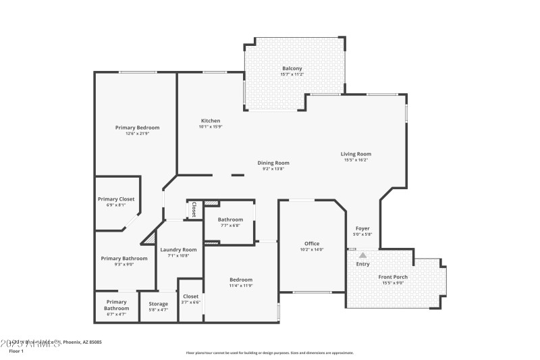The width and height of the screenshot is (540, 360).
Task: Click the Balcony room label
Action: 292,68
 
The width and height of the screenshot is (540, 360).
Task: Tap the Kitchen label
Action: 210,121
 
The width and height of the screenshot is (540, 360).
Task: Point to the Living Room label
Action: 355,154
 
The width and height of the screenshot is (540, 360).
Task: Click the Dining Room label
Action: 273,163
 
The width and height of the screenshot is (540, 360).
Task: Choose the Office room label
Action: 311,244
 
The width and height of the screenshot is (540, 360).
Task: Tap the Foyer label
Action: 362,228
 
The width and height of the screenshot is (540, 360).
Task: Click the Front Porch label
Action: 393,277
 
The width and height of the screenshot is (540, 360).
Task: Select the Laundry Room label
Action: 178,250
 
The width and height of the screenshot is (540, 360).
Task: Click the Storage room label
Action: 158,304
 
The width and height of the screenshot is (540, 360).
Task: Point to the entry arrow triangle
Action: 362,255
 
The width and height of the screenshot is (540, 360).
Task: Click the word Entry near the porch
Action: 362,263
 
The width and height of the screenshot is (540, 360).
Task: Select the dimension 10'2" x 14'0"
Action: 311,250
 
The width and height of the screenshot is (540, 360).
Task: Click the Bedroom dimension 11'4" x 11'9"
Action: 240,286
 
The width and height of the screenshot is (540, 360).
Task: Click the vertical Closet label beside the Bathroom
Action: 194,209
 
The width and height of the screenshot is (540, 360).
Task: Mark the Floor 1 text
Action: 16,351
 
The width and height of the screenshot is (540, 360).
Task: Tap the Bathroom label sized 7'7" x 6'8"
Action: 230,220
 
